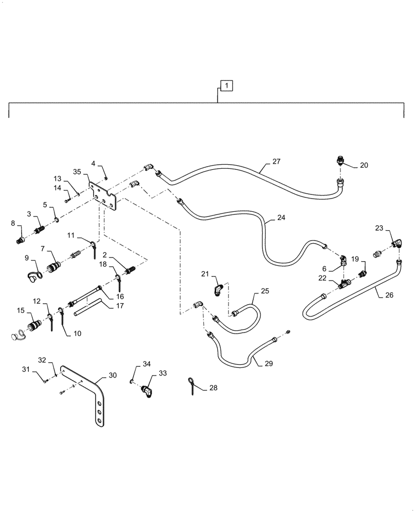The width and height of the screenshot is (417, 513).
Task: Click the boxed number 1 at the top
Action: click(x=227, y=85)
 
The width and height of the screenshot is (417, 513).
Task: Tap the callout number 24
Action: click(x=281, y=217)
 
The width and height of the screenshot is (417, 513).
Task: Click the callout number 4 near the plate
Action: click(x=93, y=164)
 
